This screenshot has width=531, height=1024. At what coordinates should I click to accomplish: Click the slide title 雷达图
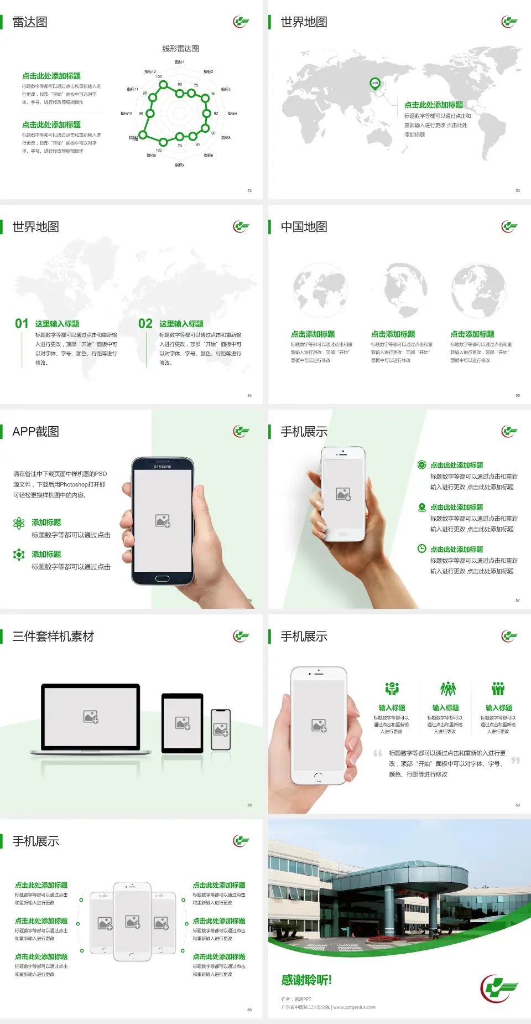[30, 22]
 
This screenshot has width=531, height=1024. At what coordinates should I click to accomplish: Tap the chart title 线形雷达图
[180, 49]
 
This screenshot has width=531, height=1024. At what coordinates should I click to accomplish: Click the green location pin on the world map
[374, 84]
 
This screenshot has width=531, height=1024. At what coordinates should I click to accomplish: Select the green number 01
[22, 324]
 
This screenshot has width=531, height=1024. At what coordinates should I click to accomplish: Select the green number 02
[145, 324]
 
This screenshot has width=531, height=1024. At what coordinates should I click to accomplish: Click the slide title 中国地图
[304, 227]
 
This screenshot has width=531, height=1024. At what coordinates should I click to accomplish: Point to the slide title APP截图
[35, 432]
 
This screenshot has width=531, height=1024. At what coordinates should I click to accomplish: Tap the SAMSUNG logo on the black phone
[163, 467]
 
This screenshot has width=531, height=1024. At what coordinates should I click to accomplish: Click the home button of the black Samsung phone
[162, 578]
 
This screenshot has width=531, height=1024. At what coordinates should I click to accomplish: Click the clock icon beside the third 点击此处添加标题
[421, 549]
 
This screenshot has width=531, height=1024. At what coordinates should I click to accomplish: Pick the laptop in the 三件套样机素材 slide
[91, 718]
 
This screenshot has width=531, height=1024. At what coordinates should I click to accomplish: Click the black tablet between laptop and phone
[183, 723]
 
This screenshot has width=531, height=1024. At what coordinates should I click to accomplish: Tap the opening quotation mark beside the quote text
[378, 753]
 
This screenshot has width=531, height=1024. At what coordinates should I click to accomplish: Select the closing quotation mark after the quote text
[516, 761]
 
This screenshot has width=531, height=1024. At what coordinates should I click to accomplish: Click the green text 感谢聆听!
[306, 980]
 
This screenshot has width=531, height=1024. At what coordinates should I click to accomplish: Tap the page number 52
[249, 190]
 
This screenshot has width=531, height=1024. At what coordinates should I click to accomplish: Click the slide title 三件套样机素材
[53, 637]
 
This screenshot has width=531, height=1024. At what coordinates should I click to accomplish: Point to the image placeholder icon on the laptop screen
[91, 717]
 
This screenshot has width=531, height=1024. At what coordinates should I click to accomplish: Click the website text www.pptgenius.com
[355, 1007]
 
